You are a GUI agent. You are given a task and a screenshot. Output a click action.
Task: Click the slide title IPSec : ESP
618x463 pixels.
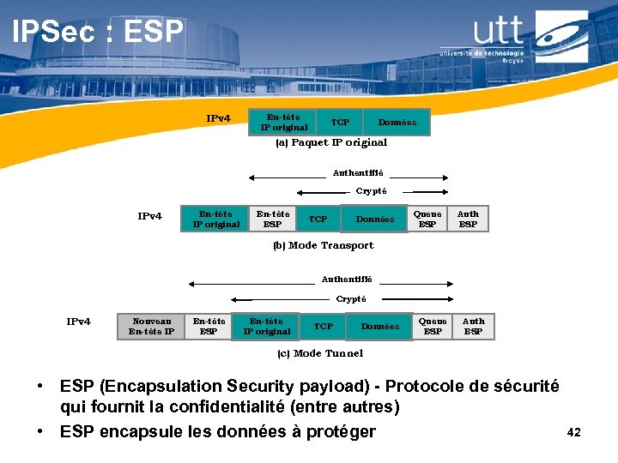coord(98,32)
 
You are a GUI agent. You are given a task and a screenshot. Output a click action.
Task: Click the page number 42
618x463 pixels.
coord(574,432)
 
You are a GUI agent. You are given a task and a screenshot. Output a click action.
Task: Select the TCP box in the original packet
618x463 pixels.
coord(340,123)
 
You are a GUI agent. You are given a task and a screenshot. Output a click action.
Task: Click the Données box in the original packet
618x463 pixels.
coord(397,123)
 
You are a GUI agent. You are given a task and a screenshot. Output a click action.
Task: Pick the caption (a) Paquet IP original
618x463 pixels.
coord(331,143)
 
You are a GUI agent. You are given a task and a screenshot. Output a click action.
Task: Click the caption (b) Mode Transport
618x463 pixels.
coord(324,245)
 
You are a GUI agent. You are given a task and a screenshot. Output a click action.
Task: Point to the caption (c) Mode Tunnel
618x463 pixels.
coord(319,353)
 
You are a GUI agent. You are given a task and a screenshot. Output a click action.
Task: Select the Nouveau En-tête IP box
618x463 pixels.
coord(151,326)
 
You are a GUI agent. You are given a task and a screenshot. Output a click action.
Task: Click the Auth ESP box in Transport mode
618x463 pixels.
coord(468,219)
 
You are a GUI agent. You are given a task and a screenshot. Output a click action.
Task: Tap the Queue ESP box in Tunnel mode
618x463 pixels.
coord(433,326)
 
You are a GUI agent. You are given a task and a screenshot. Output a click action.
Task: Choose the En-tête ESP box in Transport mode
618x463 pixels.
coord(273,219)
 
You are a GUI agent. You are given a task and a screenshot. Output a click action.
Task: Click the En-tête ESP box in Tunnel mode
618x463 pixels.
coord(209,326)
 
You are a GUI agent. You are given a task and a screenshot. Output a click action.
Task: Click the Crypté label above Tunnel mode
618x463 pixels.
coord(350,299)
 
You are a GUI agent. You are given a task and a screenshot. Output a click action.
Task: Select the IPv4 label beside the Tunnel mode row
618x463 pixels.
coord(78,322)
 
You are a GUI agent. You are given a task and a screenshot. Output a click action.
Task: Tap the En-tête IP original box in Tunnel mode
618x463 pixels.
coord(266,326)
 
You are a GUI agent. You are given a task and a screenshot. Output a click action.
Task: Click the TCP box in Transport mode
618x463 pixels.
coord(318,219)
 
